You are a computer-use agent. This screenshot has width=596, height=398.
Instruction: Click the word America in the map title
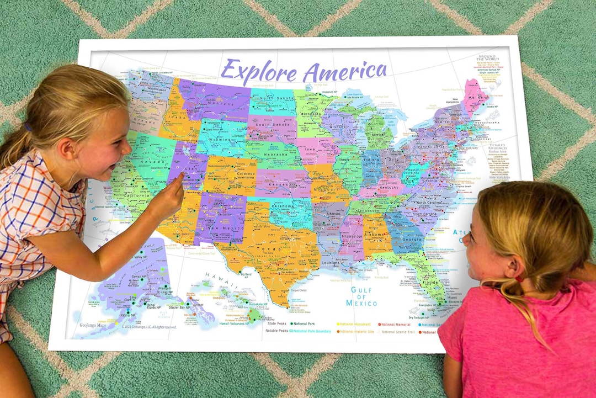pyautogui.click(x=346, y=70)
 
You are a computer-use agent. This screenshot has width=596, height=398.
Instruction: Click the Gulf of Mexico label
pyautogui.click(x=361, y=297)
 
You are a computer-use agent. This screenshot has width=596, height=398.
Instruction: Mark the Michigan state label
pyautogui.click(x=378, y=135)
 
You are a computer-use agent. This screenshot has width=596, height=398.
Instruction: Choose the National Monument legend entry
pyautogui.click(x=354, y=324)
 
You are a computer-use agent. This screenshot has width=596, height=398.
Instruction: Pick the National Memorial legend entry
pyautogui.click(x=395, y=324)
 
